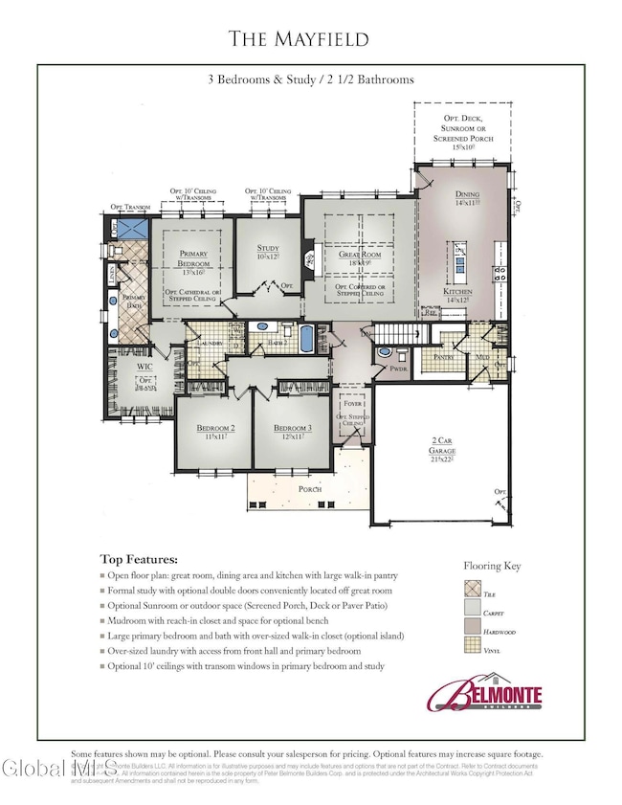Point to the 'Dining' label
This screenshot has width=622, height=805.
click(x=467, y=195)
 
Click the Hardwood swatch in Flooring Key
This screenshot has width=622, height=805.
click(x=472, y=647)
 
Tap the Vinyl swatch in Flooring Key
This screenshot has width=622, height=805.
click(x=472, y=674)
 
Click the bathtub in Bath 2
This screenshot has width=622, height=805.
click(x=306, y=340)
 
